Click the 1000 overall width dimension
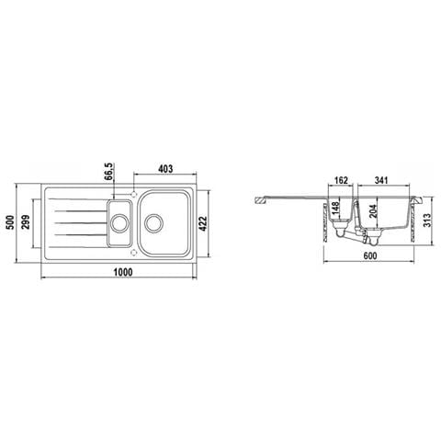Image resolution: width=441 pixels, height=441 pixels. pos(123,272)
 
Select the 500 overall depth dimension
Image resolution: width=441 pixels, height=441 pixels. pos(10,222)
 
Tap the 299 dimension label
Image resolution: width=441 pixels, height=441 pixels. pos(26,222)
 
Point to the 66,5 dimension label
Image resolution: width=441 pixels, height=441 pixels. pos(110,172)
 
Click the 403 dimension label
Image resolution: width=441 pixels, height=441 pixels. pos(165,169)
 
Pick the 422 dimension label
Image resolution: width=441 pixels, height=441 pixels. pos(203,223)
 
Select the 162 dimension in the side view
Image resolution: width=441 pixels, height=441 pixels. pos(341,180)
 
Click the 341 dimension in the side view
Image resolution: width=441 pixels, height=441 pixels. pos(381,180)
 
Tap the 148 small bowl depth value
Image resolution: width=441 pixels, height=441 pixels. pos(335,209)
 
